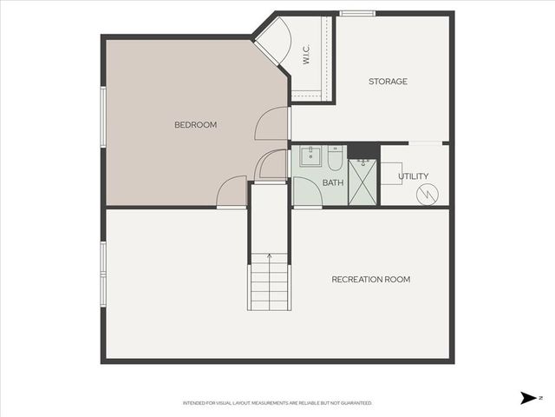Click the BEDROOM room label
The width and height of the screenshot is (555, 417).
[195, 125]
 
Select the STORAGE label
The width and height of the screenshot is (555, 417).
[388, 82]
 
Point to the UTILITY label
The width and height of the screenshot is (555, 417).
[413, 176]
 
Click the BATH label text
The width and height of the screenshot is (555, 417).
[333, 183]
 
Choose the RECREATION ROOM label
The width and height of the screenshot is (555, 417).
[371, 280]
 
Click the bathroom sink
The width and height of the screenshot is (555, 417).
[312, 157]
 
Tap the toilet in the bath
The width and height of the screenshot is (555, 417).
[336, 157]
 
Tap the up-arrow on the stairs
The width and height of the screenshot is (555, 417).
[269, 257]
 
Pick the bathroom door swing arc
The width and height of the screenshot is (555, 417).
[308, 193]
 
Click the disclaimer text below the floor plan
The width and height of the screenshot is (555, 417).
[277, 403]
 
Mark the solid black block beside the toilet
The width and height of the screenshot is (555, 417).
[362, 149]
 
